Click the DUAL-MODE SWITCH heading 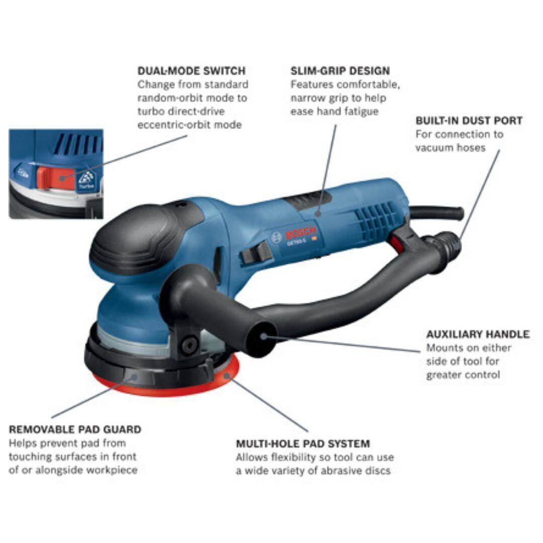192,71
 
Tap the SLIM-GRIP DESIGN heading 340,71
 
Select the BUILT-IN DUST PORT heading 469,121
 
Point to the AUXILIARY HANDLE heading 478,334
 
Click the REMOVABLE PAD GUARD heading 75,429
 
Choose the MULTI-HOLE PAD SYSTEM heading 303,443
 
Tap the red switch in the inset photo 56,177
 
